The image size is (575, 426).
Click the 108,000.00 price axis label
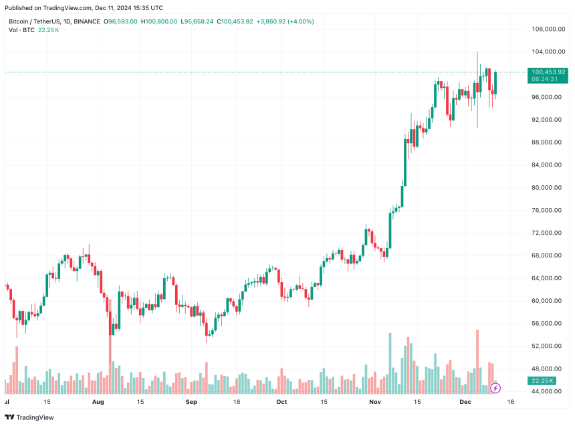(x=546, y=29)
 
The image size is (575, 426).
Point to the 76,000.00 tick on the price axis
(x=546, y=210)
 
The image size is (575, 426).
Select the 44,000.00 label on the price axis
(x=546, y=391)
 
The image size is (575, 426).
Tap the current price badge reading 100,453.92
(x=548, y=72)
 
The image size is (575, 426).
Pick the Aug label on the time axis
(x=98, y=403)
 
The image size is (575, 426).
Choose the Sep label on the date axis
(x=191, y=403)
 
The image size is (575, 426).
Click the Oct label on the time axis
(x=281, y=403)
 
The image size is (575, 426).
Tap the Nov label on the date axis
(x=374, y=403)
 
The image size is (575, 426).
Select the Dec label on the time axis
(x=465, y=403)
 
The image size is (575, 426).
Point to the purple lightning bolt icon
(x=495, y=387)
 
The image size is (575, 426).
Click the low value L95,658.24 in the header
(x=198, y=21)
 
